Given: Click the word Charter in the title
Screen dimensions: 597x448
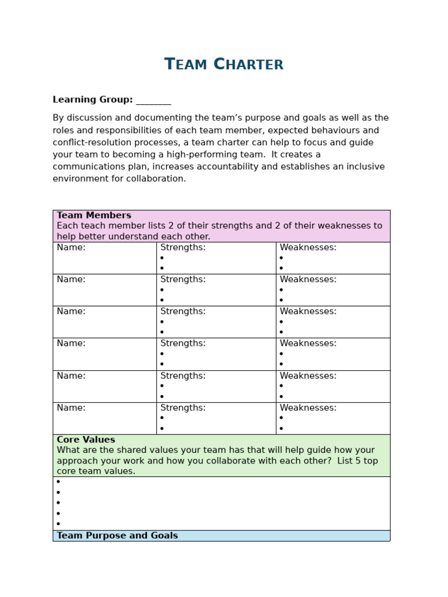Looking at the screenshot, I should [x=249, y=64].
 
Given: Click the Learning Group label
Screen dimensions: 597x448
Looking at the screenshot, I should [x=92, y=100].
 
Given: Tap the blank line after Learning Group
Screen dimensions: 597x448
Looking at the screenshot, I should [x=153, y=101].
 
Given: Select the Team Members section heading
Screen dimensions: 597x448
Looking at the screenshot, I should [x=94, y=215].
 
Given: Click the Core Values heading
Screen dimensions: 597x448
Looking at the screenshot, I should [x=86, y=440].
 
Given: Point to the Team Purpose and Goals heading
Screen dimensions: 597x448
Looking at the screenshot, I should [x=117, y=535].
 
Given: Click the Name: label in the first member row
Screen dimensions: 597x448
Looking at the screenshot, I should [x=71, y=247].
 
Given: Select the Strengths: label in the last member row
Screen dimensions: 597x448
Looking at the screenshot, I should [x=183, y=408].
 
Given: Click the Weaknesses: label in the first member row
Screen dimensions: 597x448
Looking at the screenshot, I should [x=308, y=247].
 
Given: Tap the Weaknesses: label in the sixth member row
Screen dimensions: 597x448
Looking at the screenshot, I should [x=308, y=408].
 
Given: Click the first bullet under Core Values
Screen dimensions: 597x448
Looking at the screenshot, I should [x=58, y=482].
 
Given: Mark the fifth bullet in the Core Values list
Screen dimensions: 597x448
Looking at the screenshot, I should [x=58, y=524].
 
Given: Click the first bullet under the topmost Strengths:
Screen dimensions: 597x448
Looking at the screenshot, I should [x=162, y=258].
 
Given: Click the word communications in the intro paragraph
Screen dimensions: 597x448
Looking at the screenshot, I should [x=89, y=167].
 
